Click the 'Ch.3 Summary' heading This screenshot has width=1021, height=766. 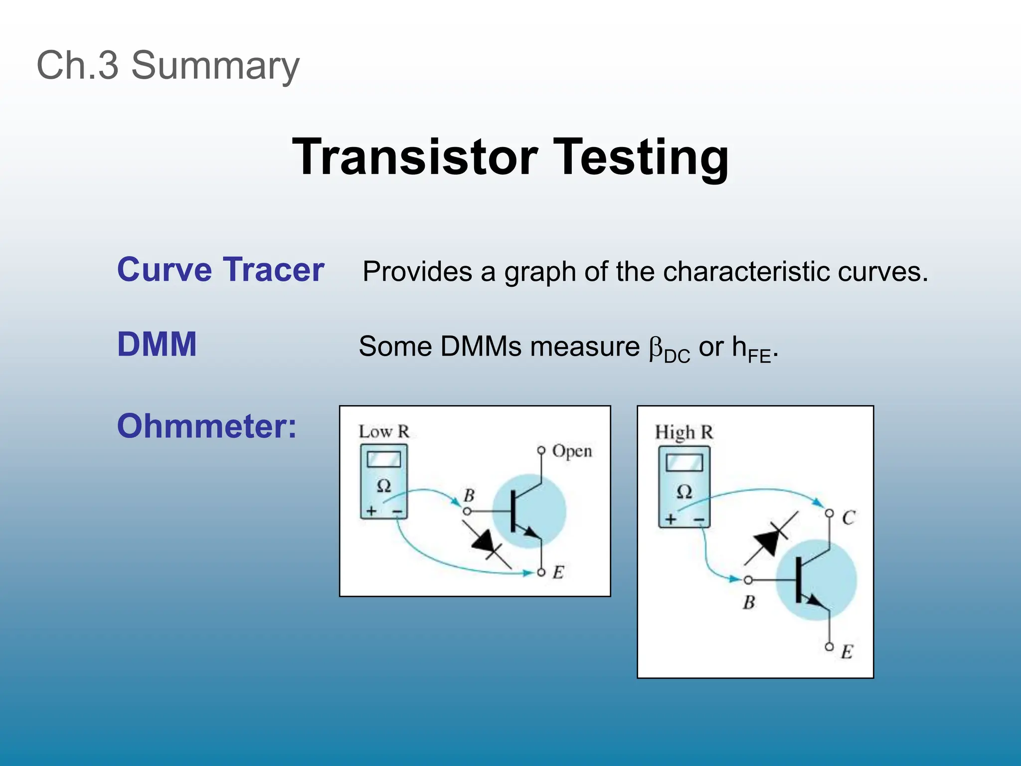pyautogui.click(x=168, y=66)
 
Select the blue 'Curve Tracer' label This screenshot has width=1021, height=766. pyautogui.click(x=220, y=270)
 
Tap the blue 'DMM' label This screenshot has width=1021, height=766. pyautogui.click(x=157, y=344)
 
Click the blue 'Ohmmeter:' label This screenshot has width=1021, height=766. pyautogui.click(x=206, y=426)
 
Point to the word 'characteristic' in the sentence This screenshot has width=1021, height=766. pyautogui.click(x=746, y=272)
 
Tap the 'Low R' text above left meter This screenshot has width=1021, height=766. pyautogui.click(x=384, y=432)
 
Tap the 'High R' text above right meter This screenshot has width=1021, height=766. pyautogui.click(x=683, y=432)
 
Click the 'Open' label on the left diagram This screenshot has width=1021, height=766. pyautogui.click(x=572, y=451)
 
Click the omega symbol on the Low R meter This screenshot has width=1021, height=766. pyautogui.click(x=383, y=485)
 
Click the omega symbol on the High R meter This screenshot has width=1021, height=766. pyautogui.click(x=684, y=492)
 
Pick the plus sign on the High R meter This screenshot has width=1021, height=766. pyautogui.click(x=671, y=519)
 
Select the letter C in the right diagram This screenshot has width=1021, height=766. pyautogui.click(x=849, y=518)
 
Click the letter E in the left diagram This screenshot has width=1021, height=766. pyautogui.click(x=558, y=573)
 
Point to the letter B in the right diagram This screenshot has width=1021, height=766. pyautogui.click(x=749, y=602)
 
